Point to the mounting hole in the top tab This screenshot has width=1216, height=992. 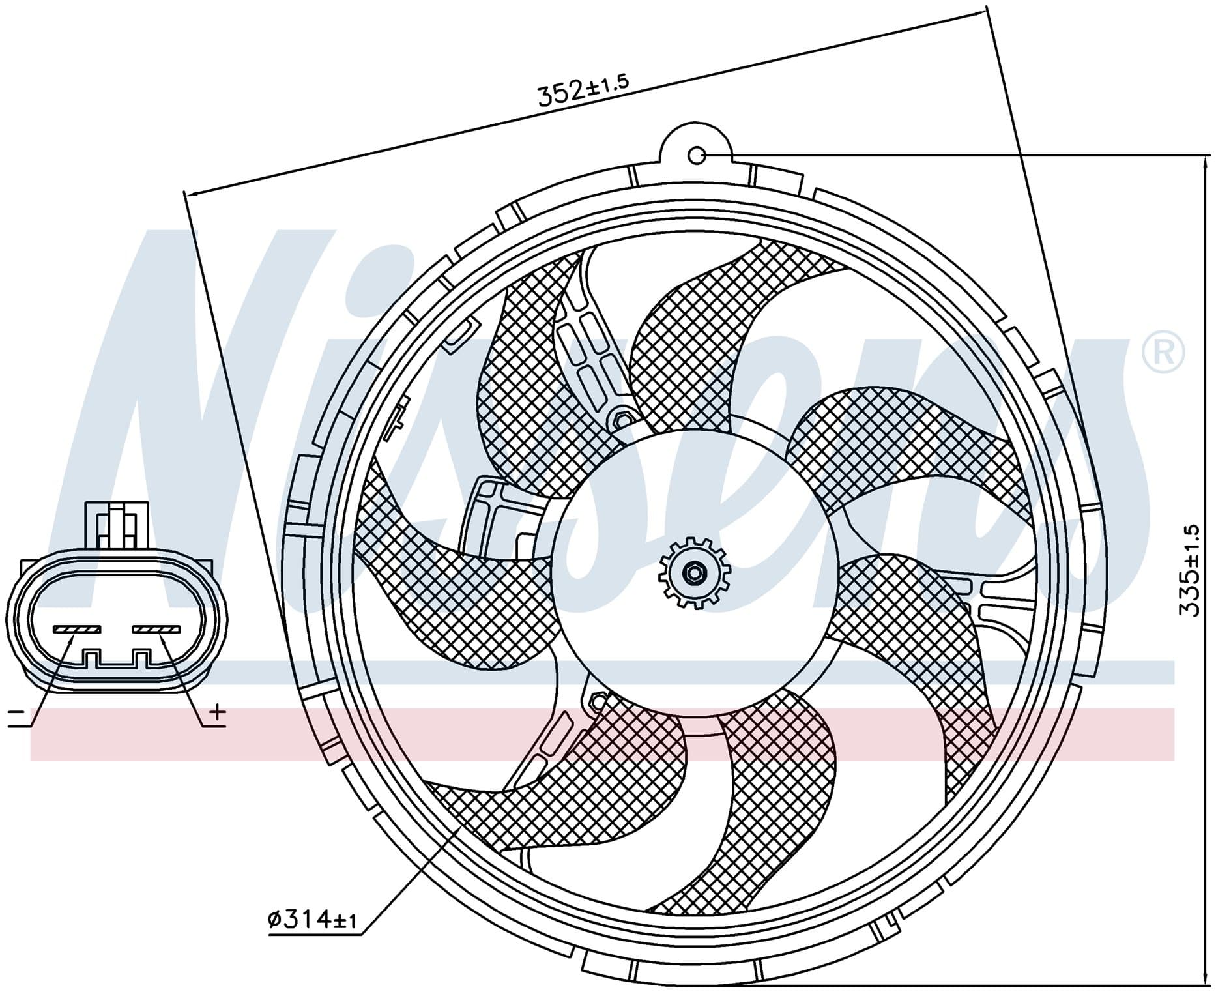tap(697, 155)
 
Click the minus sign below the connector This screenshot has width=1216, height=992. tap(16, 718)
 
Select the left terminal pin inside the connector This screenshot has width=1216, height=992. tap(78, 629)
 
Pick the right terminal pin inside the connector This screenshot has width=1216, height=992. tap(156, 629)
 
